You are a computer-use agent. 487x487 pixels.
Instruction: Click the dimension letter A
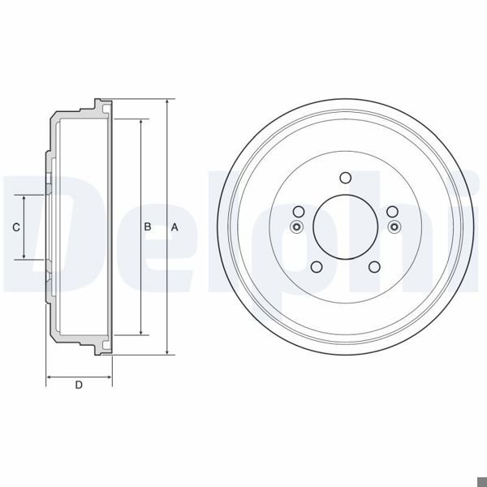(175, 228)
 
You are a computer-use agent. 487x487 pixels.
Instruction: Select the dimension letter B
(149, 228)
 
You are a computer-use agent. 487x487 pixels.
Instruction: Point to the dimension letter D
(79, 386)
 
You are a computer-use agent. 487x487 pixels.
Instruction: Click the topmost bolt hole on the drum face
(345, 179)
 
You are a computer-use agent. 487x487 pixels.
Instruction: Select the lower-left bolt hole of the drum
(316, 267)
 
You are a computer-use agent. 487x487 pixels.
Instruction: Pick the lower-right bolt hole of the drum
(374, 267)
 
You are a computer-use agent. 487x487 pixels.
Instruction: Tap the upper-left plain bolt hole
(298, 213)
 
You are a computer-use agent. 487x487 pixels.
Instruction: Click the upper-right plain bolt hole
(392, 213)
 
